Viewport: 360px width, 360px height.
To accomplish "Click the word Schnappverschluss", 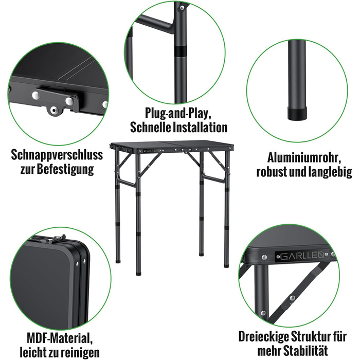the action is (x=57, y=155).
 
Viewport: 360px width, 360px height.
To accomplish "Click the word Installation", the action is (x=200, y=127).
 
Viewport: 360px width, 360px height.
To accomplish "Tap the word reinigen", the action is (x=76, y=352).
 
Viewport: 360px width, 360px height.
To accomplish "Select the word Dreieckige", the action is (x=263, y=337).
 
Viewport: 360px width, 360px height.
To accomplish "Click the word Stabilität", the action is (x=305, y=351).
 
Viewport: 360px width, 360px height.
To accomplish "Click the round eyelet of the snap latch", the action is (x=53, y=111).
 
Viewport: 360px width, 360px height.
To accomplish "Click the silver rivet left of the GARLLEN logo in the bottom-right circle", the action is (x=264, y=257).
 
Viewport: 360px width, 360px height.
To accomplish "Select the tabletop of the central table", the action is (x=172, y=145).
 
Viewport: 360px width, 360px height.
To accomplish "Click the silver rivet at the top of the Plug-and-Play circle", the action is (x=182, y=8).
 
